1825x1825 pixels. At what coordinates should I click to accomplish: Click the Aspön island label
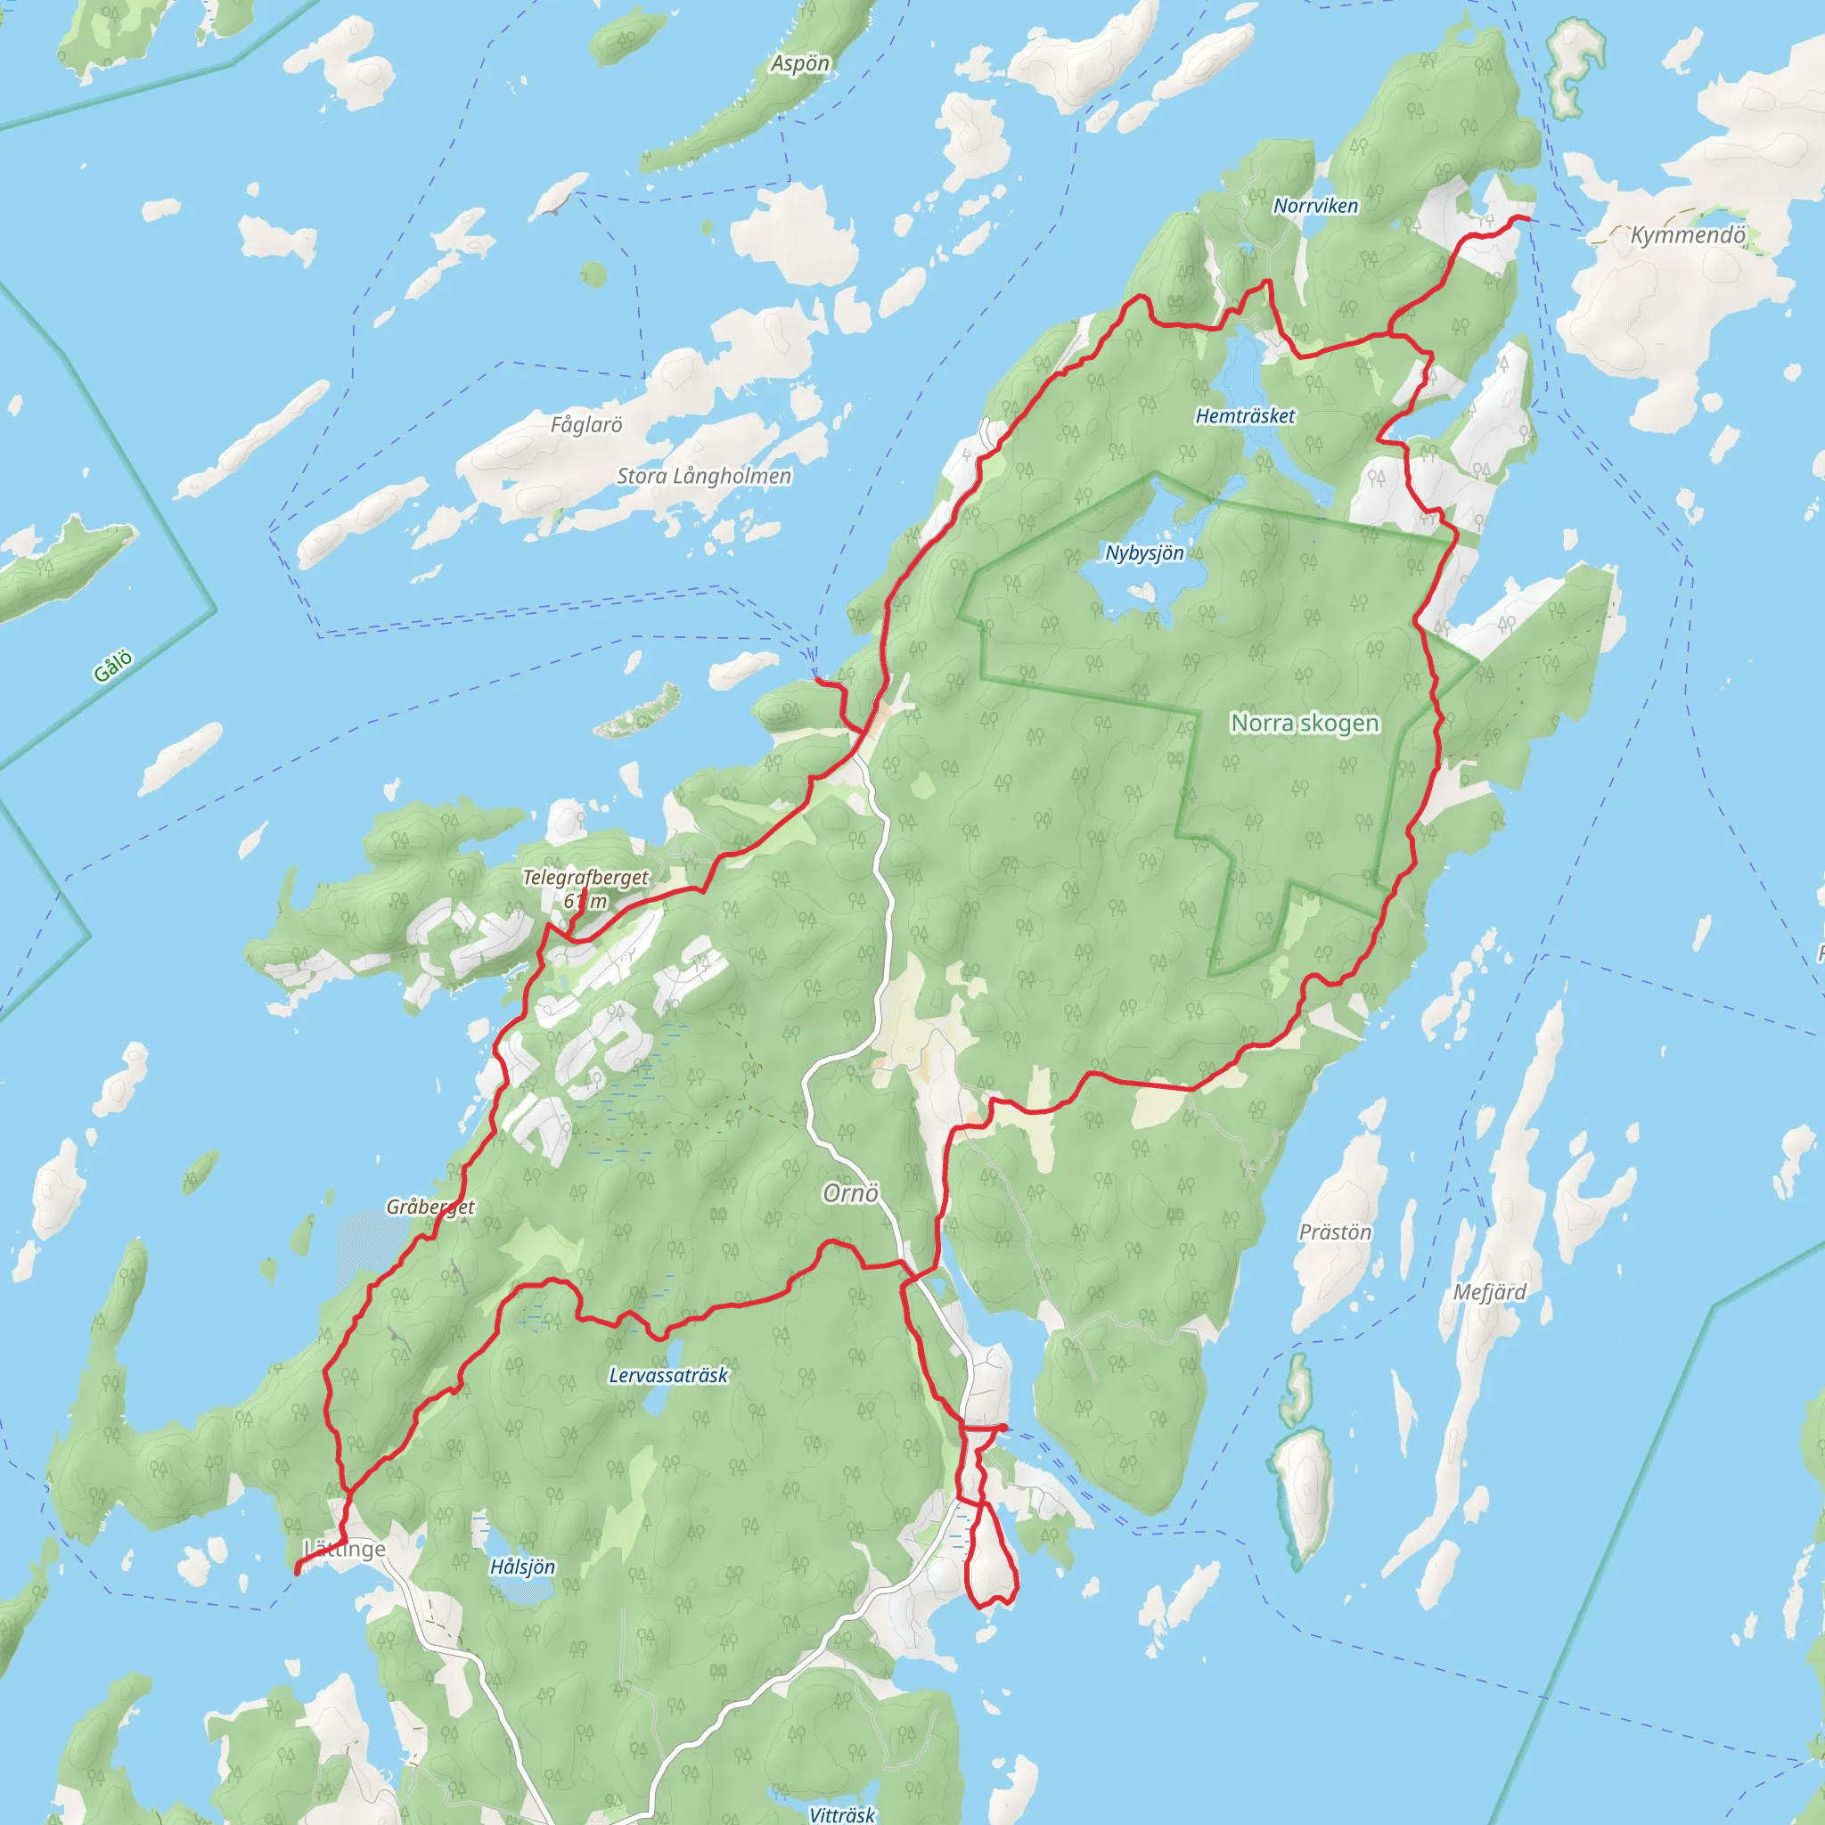coord(800,64)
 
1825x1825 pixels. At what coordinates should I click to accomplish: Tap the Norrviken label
coord(1315,206)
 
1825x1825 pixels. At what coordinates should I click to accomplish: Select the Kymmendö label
coord(1687,235)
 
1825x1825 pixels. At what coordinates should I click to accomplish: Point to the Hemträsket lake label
coord(1245,415)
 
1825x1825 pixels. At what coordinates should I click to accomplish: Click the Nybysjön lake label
coord(1144,552)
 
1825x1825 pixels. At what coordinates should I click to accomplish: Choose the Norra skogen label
coord(1305,723)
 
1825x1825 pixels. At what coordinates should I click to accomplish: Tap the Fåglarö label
coord(586,425)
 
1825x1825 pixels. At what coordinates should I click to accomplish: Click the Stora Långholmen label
coord(704,476)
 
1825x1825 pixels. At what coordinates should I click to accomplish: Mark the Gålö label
coord(113,666)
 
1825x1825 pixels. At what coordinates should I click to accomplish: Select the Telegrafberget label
coord(585,878)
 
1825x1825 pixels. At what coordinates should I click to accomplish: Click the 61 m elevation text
coord(585,901)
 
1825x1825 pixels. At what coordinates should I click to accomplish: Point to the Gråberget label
coord(430,1207)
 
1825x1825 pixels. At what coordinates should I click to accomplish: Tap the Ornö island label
coord(850,1193)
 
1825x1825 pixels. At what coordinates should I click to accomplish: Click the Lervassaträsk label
coord(667,1375)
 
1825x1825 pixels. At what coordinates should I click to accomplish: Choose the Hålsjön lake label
coord(522,1567)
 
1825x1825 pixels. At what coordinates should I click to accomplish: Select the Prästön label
coord(1335,1232)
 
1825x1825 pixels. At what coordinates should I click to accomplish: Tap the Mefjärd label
coord(1490,1291)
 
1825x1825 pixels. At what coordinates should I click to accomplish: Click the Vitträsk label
coord(841,1813)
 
